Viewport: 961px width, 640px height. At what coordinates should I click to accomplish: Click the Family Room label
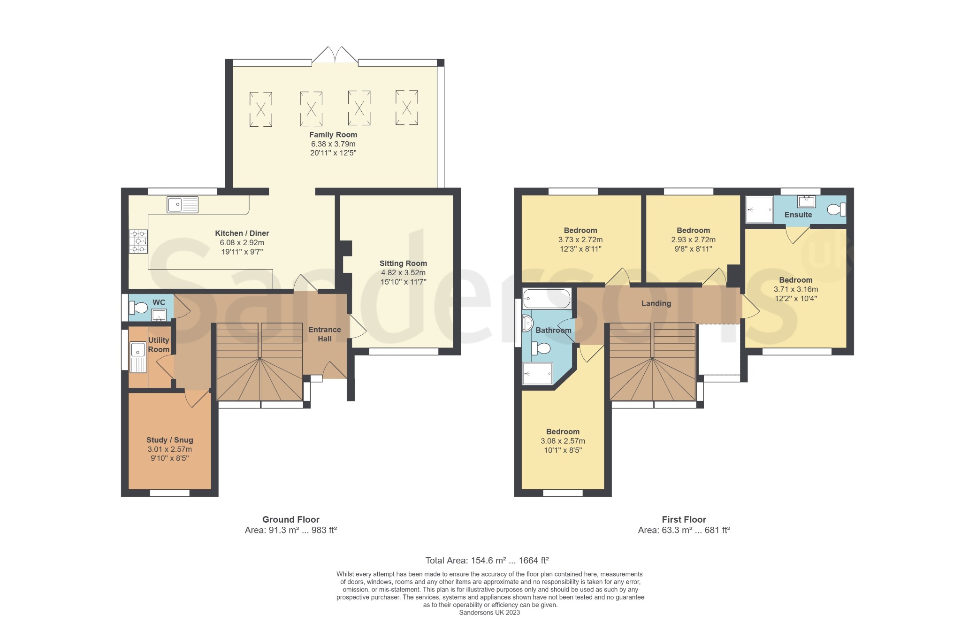point(333,135)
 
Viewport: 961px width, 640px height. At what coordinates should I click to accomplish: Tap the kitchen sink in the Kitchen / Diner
point(183,205)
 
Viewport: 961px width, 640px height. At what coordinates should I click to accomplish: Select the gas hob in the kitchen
point(138,241)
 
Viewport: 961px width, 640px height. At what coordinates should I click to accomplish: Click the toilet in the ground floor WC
point(139,308)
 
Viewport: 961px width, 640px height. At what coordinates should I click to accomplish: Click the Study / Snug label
point(170,440)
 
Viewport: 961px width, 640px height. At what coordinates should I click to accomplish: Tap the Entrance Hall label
point(325,334)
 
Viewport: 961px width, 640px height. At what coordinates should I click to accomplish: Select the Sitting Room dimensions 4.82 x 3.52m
point(403,273)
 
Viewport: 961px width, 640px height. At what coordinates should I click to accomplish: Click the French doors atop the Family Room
point(335,54)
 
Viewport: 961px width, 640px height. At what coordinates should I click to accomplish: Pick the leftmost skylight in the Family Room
point(261,109)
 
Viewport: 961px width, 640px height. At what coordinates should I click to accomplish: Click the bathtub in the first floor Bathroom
point(547,299)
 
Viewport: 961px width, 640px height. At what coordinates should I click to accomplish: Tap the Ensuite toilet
point(836,209)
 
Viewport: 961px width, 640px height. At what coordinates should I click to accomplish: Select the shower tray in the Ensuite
point(759,209)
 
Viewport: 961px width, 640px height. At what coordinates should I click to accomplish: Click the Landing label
point(656,303)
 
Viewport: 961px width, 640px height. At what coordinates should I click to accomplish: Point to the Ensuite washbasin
point(807,201)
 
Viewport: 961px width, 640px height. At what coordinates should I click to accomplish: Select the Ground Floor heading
point(291,519)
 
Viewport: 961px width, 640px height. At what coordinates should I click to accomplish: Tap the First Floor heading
point(684,519)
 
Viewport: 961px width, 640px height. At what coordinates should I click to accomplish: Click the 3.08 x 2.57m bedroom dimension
point(563,441)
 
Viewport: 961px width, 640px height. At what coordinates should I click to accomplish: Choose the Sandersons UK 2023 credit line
point(489,612)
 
